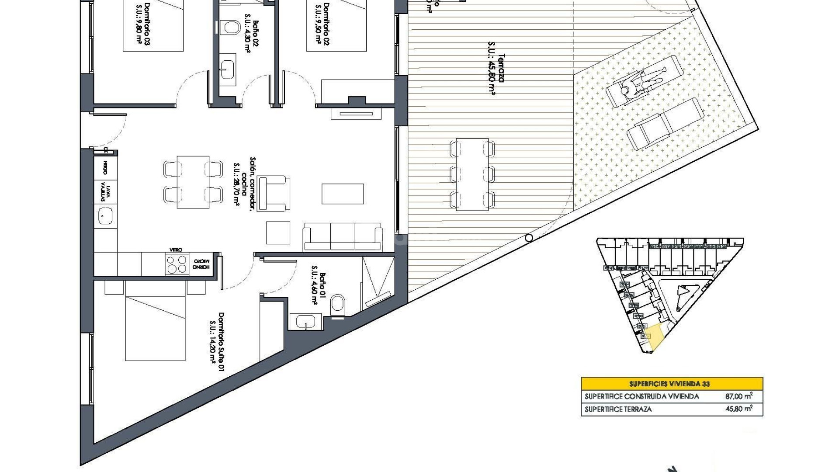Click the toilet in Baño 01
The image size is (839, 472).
pyautogui.click(x=338, y=303)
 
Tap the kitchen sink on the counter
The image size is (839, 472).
pyautogui.click(x=105, y=215)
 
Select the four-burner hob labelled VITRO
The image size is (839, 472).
pyautogui.click(x=177, y=264)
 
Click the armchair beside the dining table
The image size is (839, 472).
pyautogui.click(x=274, y=194)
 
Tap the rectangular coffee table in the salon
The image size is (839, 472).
pyautogui.click(x=343, y=194)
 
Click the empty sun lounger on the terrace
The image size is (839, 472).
pyautogui.click(x=659, y=124)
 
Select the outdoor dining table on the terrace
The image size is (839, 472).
pyautogui.click(x=472, y=174)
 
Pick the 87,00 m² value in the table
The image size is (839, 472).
pyautogui.click(x=739, y=396)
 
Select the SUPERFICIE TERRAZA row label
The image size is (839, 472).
pyautogui.click(x=618, y=409)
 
